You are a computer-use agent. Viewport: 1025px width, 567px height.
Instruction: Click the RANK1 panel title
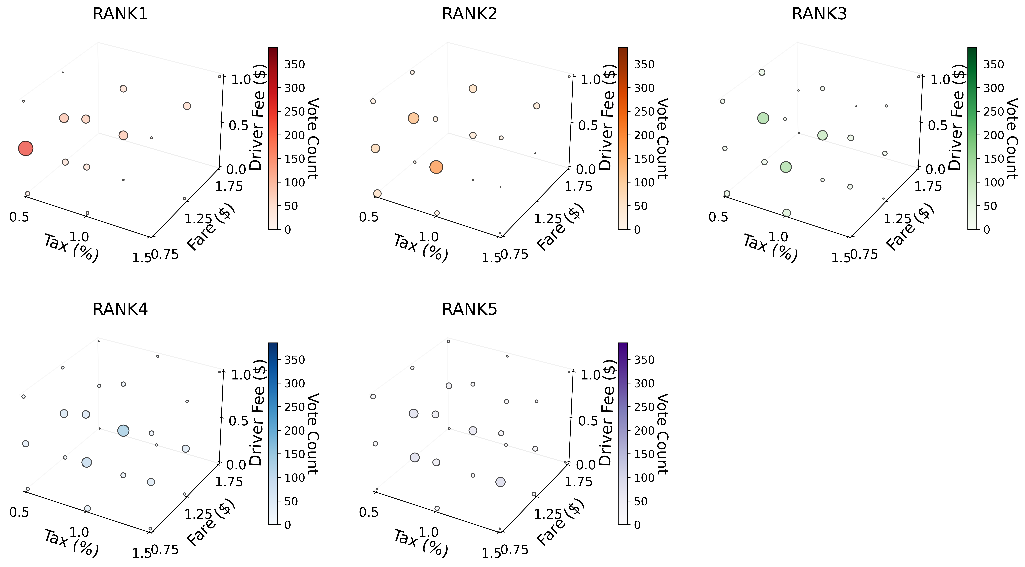(x=120, y=14)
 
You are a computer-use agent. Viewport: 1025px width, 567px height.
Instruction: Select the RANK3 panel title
(x=819, y=14)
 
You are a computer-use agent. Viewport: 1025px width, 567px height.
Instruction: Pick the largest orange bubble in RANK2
(x=436, y=167)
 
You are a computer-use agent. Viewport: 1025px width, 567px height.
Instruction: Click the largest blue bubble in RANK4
(x=123, y=430)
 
